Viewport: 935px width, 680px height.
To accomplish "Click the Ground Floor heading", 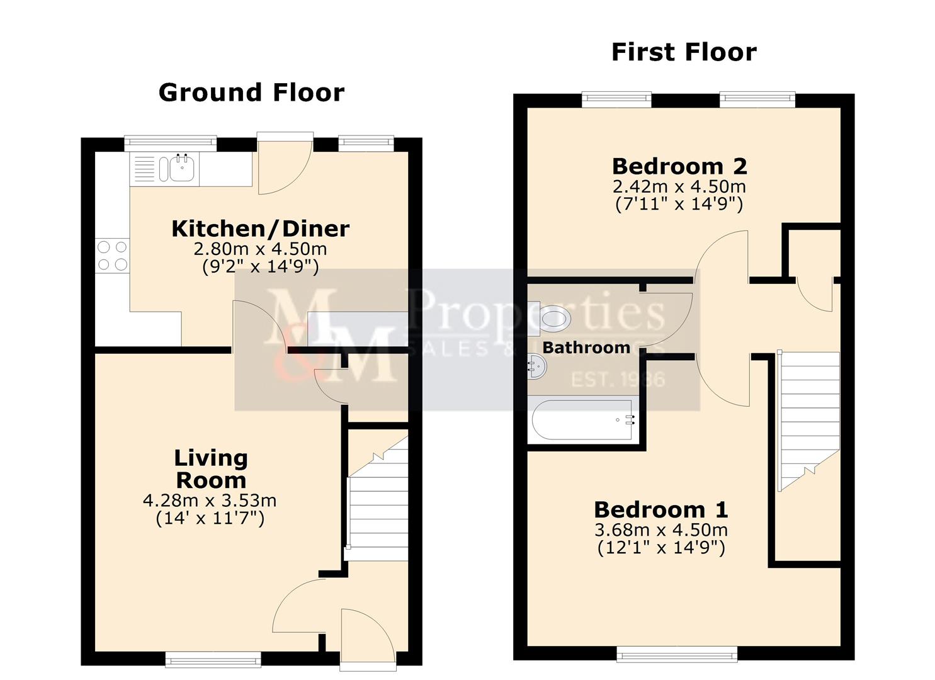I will tap(251, 93).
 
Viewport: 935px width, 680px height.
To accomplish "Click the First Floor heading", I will tap(684, 52).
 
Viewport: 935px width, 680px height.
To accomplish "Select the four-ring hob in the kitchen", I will tap(112, 256).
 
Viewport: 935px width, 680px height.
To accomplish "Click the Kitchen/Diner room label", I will tap(260, 229).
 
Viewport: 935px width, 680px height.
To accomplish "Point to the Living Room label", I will tap(210, 469).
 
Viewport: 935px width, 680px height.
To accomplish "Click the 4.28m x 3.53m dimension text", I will tap(210, 501).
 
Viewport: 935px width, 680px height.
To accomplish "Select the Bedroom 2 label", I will tap(679, 166).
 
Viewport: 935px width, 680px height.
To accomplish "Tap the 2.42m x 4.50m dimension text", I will tap(679, 186).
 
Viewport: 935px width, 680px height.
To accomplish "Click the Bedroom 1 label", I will tap(660, 509).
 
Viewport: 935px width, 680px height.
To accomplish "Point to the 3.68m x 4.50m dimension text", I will tap(660, 530).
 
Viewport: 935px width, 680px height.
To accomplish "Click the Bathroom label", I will tap(586, 348).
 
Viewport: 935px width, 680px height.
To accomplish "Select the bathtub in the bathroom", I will tap(582, 420).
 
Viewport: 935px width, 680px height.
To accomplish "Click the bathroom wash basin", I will tap(536, 365).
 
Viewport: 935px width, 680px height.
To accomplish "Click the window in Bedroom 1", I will tap(677, 655).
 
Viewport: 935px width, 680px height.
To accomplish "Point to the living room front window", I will tap(213, 659).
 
